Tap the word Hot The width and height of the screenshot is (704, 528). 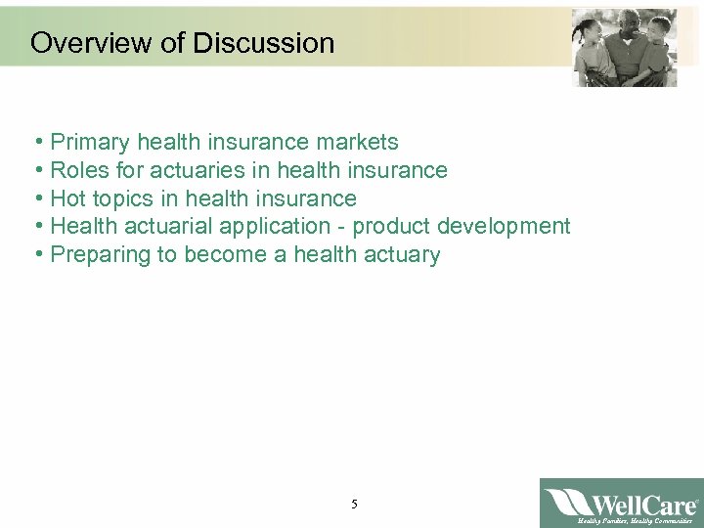pos(66,199)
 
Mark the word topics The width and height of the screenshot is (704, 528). pos(120,199)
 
